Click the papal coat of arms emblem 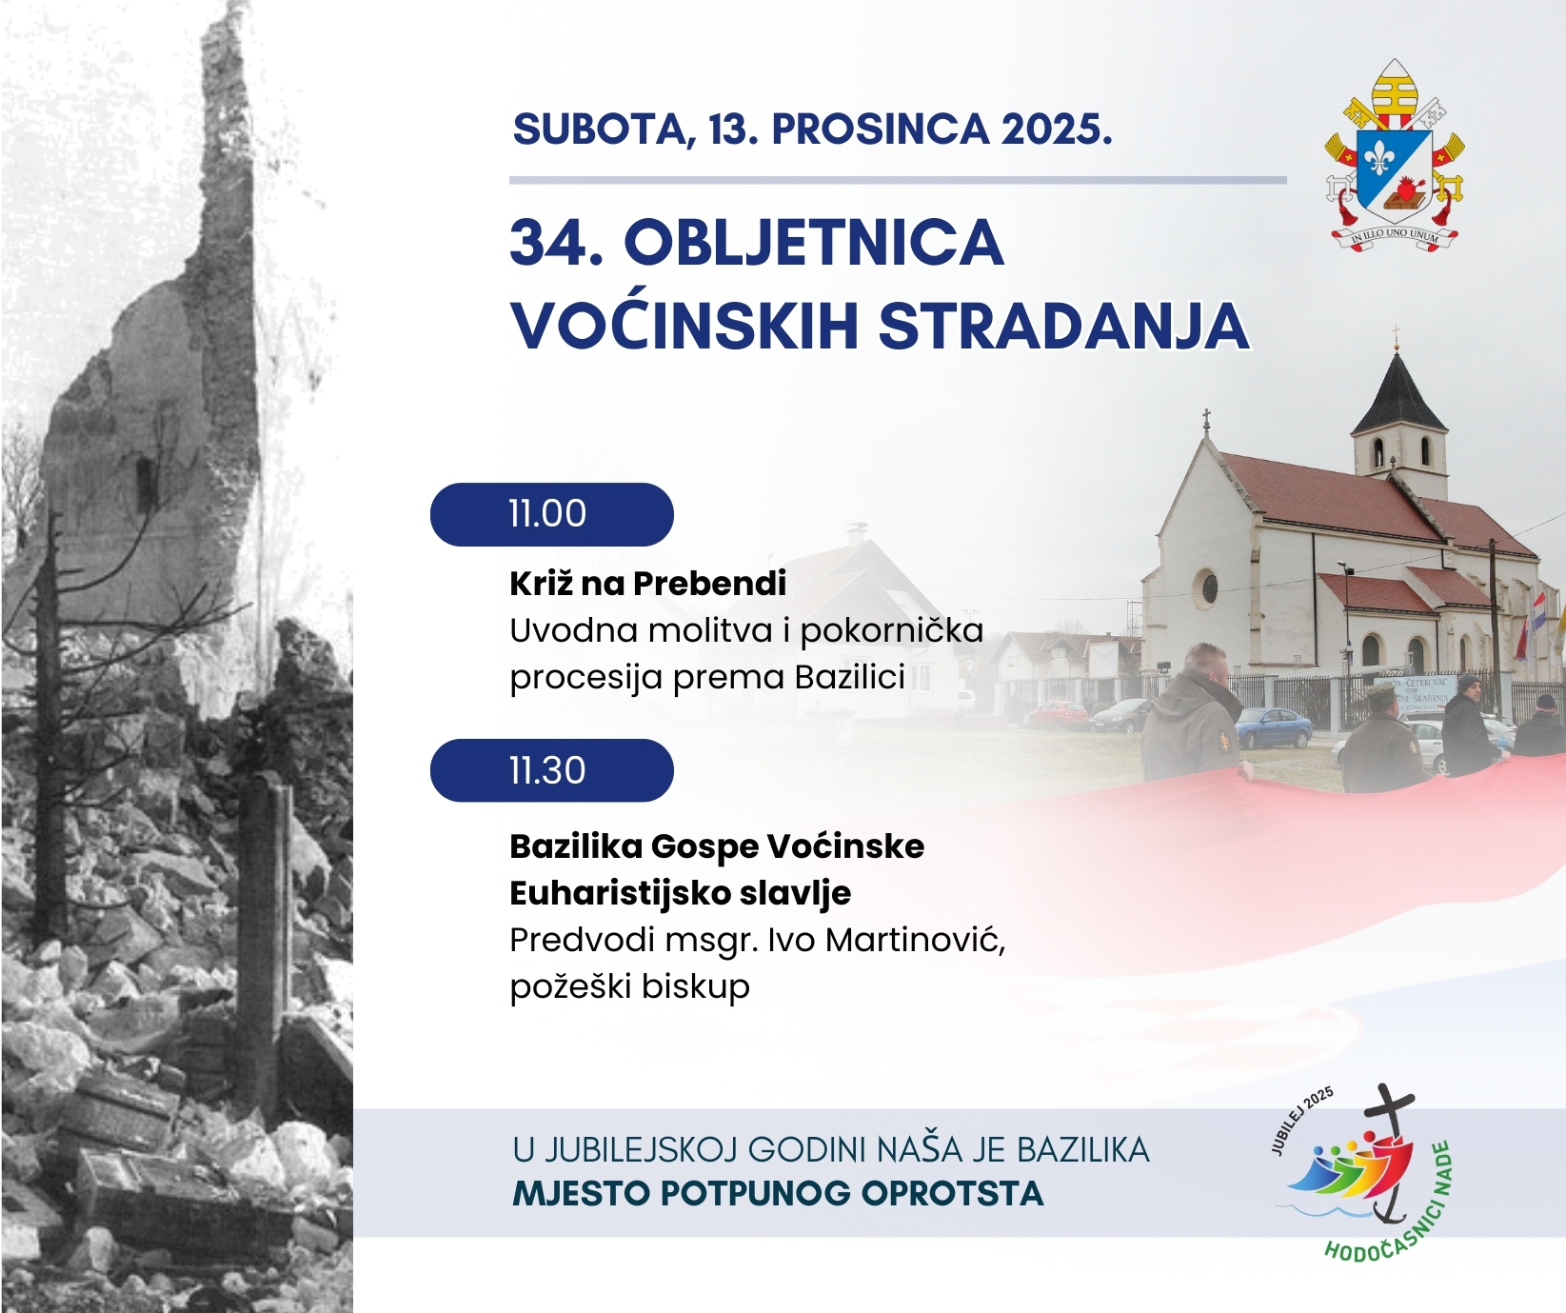pyautogui.click(x=1395, y=157)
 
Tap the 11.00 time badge pyautogui.click(x=551, y=514)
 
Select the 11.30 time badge pyautogui.click(x=551, y=770)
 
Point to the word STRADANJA pyautogui.click(x=1062, y=327)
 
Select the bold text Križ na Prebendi pyautogui.click(x=648, y=584)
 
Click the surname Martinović pyautogui.click(x=915, y=940)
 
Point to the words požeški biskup pyautogui.click(x=629, y=986)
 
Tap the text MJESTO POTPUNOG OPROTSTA pyautogui.click(x=778, y=1194)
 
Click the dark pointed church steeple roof pyautogui.click(x=1398, y=392)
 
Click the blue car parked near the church pyautogui.click(x=1273, y=729)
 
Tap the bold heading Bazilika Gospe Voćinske pyautogui.click(x=717, y=846)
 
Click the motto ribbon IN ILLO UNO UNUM pyautogui.click(x=1397, y=234)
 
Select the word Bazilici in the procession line pyautogui.click(x=849, y=677)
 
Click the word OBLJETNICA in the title pyautogui.click(x=813, y=244)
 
